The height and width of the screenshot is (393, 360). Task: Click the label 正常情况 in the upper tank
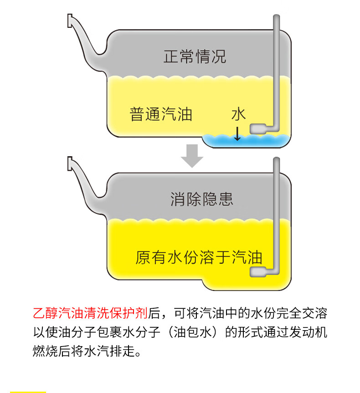pos(195,57)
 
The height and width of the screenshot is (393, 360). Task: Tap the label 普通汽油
pos(161,114)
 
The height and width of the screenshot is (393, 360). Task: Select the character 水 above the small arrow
pos(238,114)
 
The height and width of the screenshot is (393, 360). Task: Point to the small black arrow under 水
pos(237,133)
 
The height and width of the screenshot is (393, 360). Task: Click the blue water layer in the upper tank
pos(246,141)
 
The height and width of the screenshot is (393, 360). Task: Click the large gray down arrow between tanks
pos(192,156)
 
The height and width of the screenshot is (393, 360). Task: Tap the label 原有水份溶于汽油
pos(199,257)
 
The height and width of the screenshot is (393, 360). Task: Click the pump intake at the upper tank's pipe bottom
pos(258,129)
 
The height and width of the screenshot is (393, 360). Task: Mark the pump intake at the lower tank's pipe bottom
pos(258,272)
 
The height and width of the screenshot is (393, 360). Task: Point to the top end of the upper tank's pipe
pos(276,18)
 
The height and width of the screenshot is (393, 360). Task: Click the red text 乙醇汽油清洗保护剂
pos(90,313)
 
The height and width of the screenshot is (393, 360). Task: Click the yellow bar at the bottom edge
pos(28,391)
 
